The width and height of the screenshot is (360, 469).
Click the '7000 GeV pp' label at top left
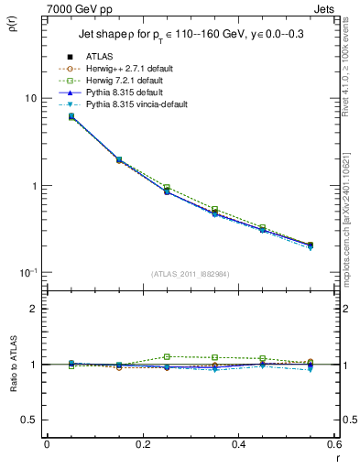point(74,7)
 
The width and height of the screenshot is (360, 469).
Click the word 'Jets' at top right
point(324,7)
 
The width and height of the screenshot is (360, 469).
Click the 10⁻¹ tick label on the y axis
point(28,274)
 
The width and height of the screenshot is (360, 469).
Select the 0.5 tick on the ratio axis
point(29,420)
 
